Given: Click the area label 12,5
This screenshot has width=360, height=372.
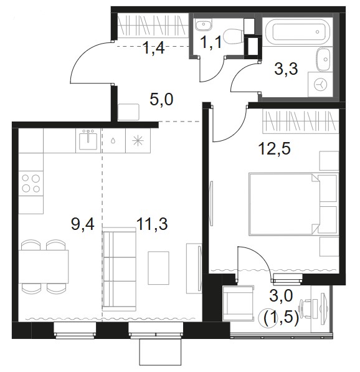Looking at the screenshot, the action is pos(275,150).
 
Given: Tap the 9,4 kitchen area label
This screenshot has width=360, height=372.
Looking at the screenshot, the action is pos(83,224).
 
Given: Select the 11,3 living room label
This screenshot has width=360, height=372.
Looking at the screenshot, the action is pos(152,224).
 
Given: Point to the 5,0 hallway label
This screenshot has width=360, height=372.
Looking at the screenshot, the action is pos(161,100).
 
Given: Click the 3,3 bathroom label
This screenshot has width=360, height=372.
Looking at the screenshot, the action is pos(286,69).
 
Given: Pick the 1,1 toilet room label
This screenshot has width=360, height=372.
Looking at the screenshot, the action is pos(211,42).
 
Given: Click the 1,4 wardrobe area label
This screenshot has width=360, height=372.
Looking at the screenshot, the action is pos(153,48).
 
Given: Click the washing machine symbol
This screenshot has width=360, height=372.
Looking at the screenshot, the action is pos(320,84).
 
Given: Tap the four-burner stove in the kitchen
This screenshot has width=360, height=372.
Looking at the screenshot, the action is pos(31,183).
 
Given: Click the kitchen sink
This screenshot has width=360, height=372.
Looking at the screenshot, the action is pos(88,141).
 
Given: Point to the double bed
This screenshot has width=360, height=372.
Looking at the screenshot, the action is pos(293,204).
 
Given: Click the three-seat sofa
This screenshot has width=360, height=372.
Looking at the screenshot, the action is pos(120,269).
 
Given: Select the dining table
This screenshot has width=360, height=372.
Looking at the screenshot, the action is pos(44,266).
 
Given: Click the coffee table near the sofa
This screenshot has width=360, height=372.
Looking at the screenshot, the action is pos(158,268).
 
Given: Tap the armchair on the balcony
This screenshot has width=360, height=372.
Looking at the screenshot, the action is pos(238,303).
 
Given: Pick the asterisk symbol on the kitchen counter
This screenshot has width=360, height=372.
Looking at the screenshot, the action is pos(138,140).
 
